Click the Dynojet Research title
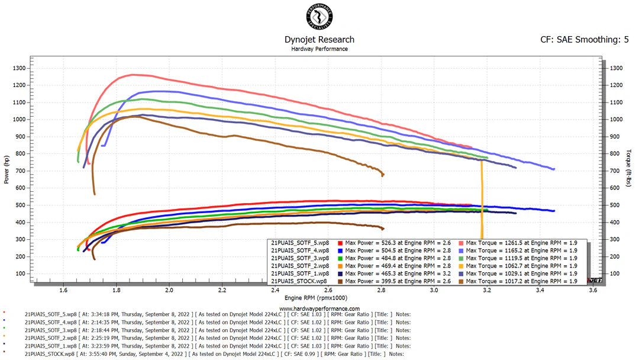(319, 40)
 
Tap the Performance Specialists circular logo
(319, 16)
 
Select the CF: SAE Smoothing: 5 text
(585, 40)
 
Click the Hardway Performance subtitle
(319, 49)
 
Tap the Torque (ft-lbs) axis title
(629, 166)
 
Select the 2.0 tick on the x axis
(169, 291)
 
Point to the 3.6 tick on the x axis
(593, 291)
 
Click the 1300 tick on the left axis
(18, 68)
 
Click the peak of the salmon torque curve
(133, 75)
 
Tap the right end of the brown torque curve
(383, 175)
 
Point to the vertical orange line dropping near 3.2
(482, 201)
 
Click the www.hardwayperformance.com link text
(319, 308)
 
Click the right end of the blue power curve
(553, 211)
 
